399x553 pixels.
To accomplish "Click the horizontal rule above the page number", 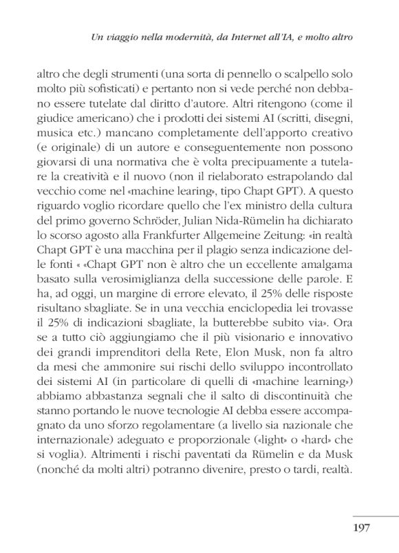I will click(x=375, y=514).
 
